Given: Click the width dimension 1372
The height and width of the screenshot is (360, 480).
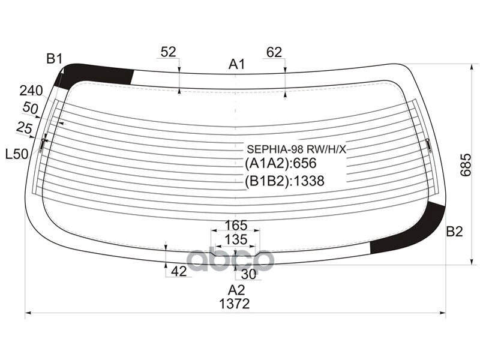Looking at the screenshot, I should point(235,304).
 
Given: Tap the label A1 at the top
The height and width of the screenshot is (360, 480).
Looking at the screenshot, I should point(237,65).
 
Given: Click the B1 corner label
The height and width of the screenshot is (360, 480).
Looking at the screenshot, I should point(55,58).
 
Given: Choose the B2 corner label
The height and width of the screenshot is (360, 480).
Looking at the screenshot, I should point(454,232).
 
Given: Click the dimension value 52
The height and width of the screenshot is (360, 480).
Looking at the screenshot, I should point(169,52).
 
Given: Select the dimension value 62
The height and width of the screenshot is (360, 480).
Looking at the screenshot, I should point(274,52).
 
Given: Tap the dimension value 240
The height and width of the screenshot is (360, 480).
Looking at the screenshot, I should point(31,91).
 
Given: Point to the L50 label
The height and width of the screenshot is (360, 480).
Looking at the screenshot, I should point(17,154).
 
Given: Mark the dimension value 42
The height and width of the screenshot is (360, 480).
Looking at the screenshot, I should point(179,271).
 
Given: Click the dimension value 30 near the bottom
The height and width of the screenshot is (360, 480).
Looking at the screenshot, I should point(248,274).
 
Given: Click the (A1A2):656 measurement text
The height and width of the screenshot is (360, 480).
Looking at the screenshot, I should point(280,164).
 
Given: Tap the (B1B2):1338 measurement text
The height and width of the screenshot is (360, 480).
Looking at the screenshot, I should point(284,181).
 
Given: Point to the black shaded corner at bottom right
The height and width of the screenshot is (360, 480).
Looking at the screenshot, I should point(414,234).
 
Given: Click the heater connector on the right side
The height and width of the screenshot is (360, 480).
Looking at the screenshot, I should point(428,144).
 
